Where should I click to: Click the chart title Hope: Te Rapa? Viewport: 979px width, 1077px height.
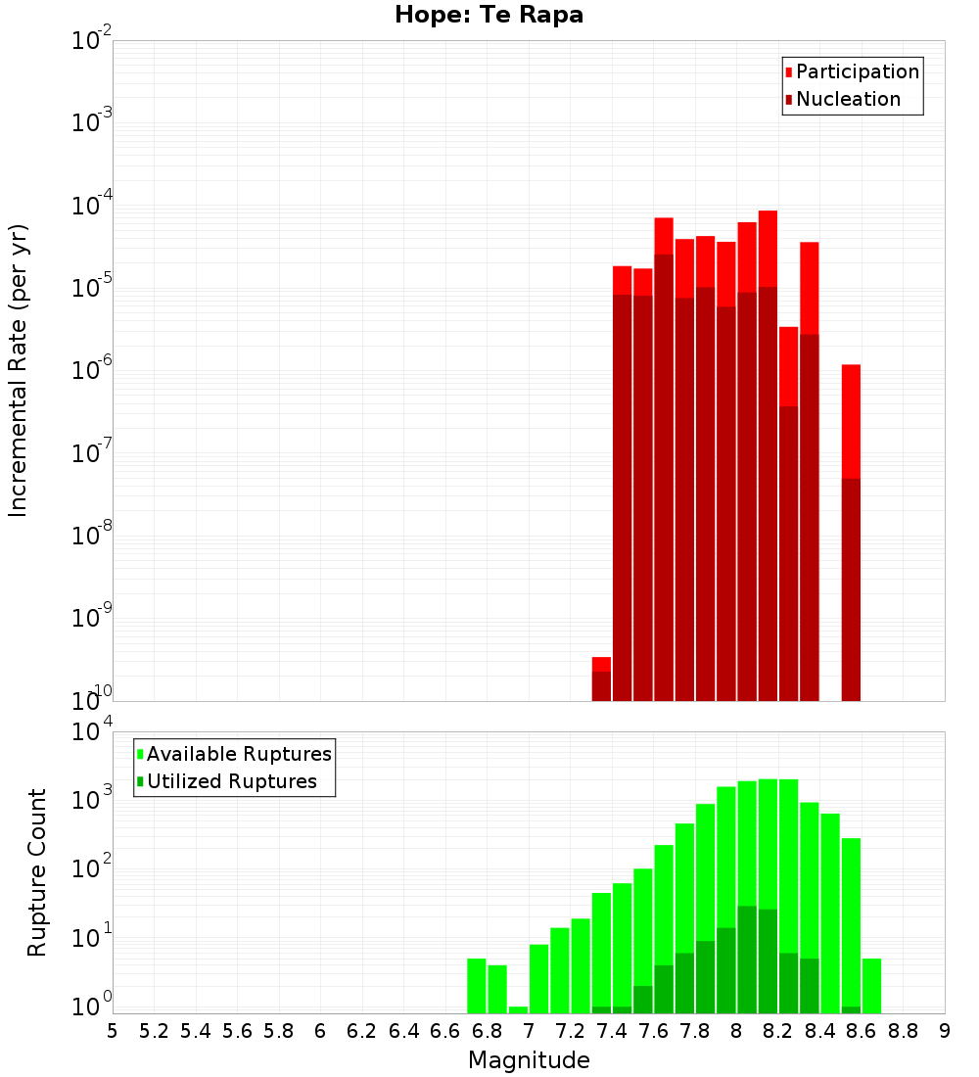coord(489,16)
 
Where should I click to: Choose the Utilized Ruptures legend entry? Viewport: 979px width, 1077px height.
coord(231,782)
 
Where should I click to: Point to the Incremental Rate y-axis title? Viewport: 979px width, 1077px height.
coord(19,370)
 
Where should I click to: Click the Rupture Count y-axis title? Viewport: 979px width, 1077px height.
coord(37,872)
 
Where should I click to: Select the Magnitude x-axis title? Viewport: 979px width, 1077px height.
coord(529,1060)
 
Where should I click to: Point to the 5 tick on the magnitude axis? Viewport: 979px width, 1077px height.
coord(113,1031)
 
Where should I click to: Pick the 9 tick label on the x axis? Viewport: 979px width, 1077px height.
coord(945,1031)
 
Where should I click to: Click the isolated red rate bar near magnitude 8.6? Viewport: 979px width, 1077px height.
coord(851,529)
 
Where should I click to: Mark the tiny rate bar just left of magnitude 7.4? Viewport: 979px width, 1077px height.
coord(601,679)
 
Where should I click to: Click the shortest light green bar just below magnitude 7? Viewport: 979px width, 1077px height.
coord(518,1009)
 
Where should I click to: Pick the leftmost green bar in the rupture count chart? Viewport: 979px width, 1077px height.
coord(477,986)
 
